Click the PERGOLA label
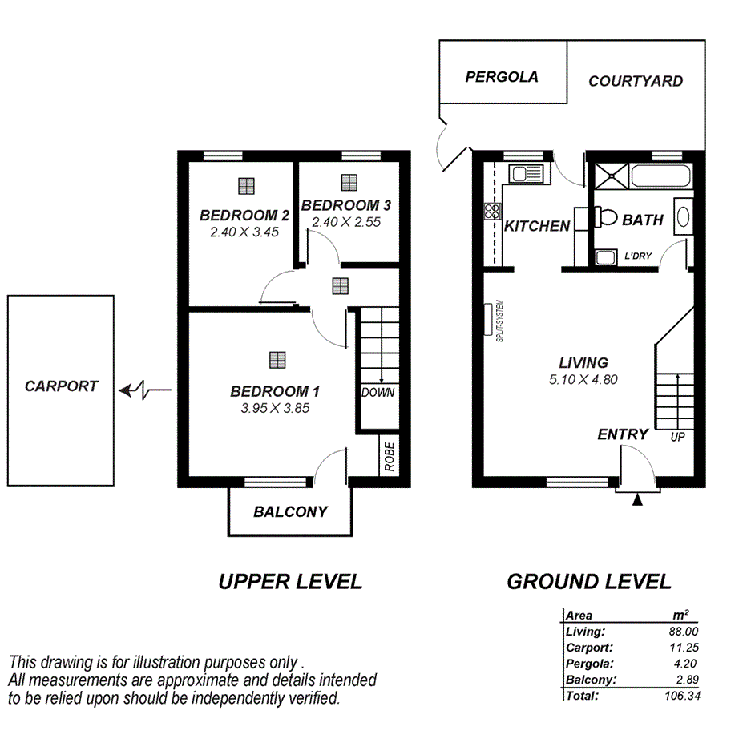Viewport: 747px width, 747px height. pos(502,77)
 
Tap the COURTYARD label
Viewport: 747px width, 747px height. pos(636,81)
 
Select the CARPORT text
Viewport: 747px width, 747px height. pos(61,386)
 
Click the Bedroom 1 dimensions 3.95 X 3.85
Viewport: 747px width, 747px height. pos(275,407)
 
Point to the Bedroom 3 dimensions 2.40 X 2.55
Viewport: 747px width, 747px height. pos(346,222)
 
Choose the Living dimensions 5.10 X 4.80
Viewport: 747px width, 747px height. pos(583,380)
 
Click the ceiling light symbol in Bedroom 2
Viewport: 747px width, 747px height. pos(246,186)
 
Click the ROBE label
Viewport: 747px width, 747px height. pos(390,457)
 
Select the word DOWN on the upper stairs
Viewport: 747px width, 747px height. pos(378,393)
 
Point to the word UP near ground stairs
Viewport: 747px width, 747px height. pos(677,438)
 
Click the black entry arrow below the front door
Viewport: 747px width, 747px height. pos(637,501)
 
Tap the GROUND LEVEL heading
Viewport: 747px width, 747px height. pos(588,582)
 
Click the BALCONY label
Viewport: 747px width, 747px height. pos(290,511)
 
